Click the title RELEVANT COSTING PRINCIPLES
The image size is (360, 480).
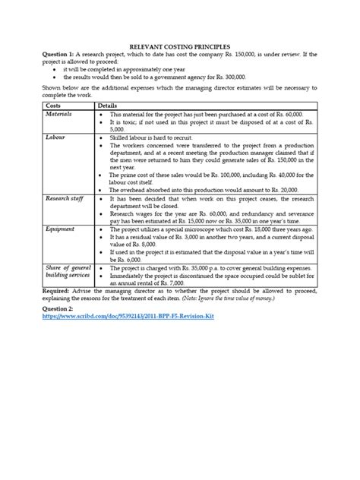179,46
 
